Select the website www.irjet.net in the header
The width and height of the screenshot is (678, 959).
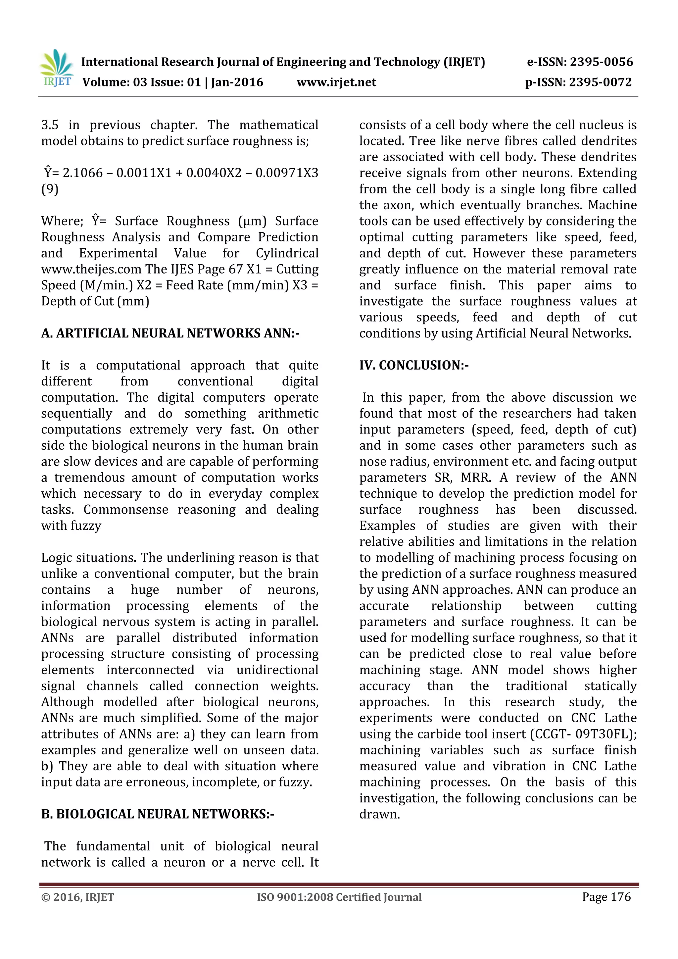point(336,82)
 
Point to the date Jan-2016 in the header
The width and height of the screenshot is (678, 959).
point(237,82)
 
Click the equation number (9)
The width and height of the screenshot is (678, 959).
point(50,189)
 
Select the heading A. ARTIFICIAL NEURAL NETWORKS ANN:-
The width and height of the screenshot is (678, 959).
point(170,333)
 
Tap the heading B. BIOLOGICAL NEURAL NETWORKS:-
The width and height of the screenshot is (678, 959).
point(157,814)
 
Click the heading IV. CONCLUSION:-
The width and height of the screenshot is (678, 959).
point(414,366)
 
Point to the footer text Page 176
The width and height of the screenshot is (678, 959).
point(606,897)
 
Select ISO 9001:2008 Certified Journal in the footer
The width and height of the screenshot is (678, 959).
point(339,897)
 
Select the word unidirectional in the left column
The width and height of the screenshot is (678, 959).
point(277,670)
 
